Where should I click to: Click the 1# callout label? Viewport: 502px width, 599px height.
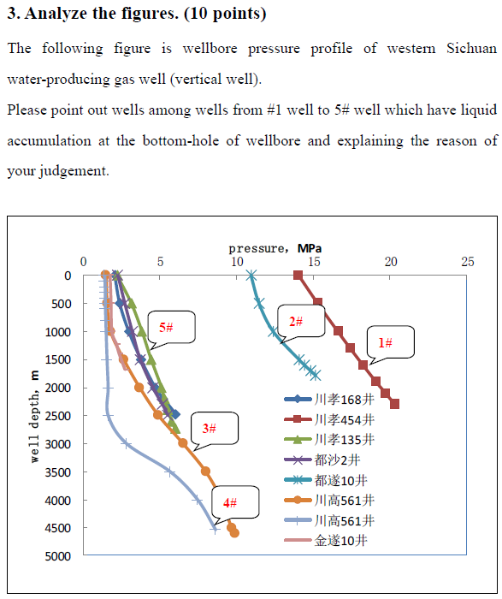tap(385, 342)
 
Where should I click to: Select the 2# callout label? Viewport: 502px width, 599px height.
tap(296, 322)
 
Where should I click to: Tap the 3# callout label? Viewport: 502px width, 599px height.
tap(210, 428)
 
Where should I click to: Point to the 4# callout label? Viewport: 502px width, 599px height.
tap(230, 503)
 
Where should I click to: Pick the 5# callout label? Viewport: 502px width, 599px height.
tap(166, 328)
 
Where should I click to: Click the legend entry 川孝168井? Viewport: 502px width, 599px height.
tap(329, 400)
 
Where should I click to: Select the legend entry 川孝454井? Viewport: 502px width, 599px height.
tap(329, 420)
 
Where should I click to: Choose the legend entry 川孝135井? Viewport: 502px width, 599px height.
tap(329, 440)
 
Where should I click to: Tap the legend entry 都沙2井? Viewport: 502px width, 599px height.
tap(322, 460)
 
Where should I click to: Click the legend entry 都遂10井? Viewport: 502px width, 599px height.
tap(326, 480)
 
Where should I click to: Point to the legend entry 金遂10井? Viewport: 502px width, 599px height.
tap(326, 541)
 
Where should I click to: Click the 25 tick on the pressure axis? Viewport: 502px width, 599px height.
tap(467, 262)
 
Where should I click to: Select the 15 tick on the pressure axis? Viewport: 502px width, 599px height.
tap(314, 262)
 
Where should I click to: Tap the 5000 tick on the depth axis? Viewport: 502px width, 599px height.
tap(58, 556)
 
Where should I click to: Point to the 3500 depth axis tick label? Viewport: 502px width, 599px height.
tap(58, 472)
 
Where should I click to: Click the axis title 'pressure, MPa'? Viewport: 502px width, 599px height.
tap(275, 249)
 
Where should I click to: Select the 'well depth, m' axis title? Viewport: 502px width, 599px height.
tap(35, 417)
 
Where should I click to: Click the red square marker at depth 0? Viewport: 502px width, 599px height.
tap(298, 275)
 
